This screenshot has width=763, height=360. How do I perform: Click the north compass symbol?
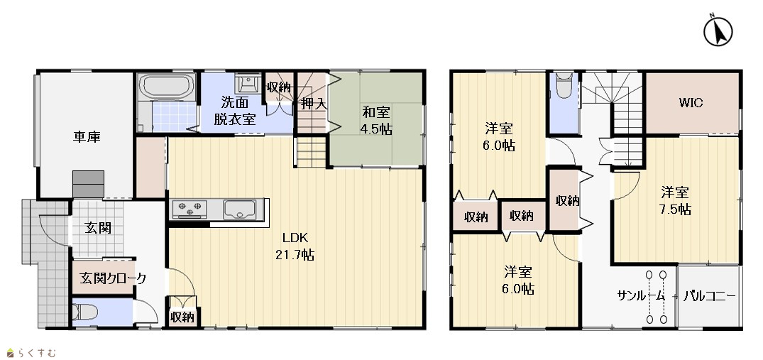(718, 32)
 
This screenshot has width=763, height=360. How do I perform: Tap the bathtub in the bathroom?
(166, 87)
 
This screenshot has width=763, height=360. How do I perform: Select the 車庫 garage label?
(87, 137)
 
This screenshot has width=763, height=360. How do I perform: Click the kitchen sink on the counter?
(239, 209)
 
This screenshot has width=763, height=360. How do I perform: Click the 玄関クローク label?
(112, 279)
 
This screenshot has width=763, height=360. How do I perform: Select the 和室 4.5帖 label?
(376, 121)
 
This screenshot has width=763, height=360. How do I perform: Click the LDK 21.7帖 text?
(295, 246)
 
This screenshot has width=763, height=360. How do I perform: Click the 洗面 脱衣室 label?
(235, 111)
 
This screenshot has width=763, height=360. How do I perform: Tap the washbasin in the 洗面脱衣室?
(248, 84)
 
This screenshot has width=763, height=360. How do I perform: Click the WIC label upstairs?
(691, 103)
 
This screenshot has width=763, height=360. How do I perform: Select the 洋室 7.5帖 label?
(676, 201)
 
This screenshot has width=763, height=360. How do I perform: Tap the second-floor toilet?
(564, 86)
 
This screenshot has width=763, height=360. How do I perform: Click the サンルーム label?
(641, 296)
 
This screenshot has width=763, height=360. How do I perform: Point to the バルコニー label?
(709, 296)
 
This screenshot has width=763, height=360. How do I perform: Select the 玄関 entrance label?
(98, 228)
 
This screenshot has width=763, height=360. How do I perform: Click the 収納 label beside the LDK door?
(182, 317)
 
